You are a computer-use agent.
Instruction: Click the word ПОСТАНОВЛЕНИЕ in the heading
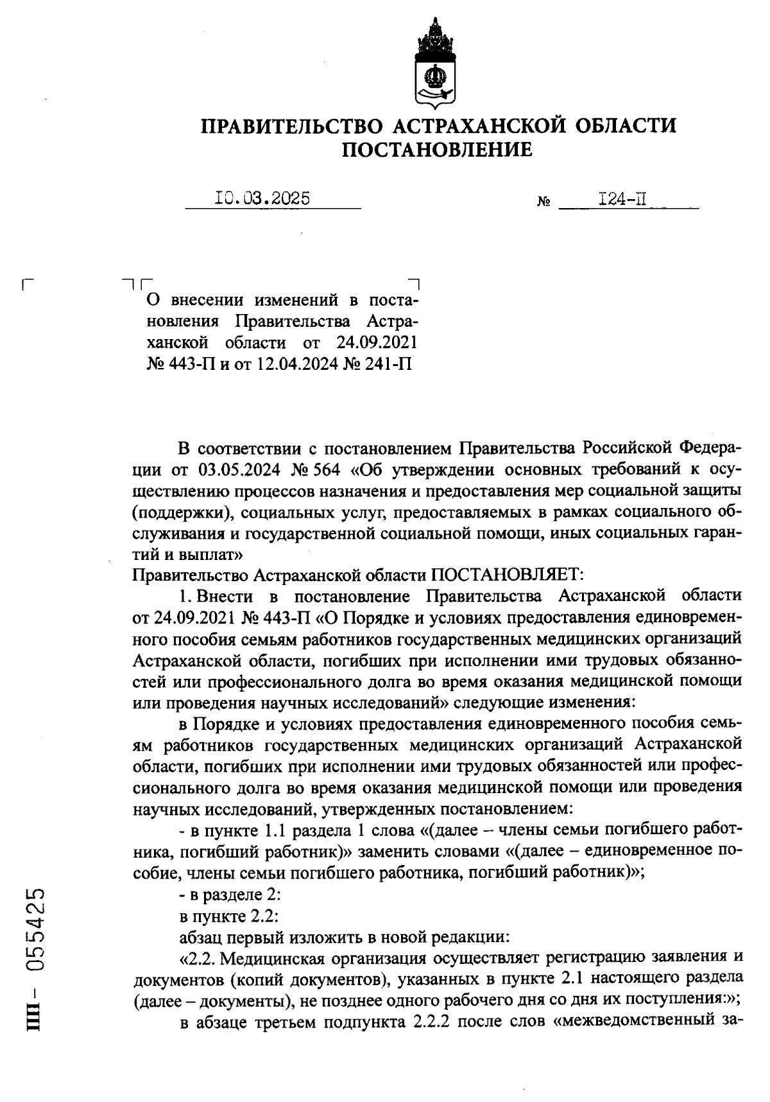click(x=437, y=150)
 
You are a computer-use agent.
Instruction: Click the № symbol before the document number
click(x=543, y=202)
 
